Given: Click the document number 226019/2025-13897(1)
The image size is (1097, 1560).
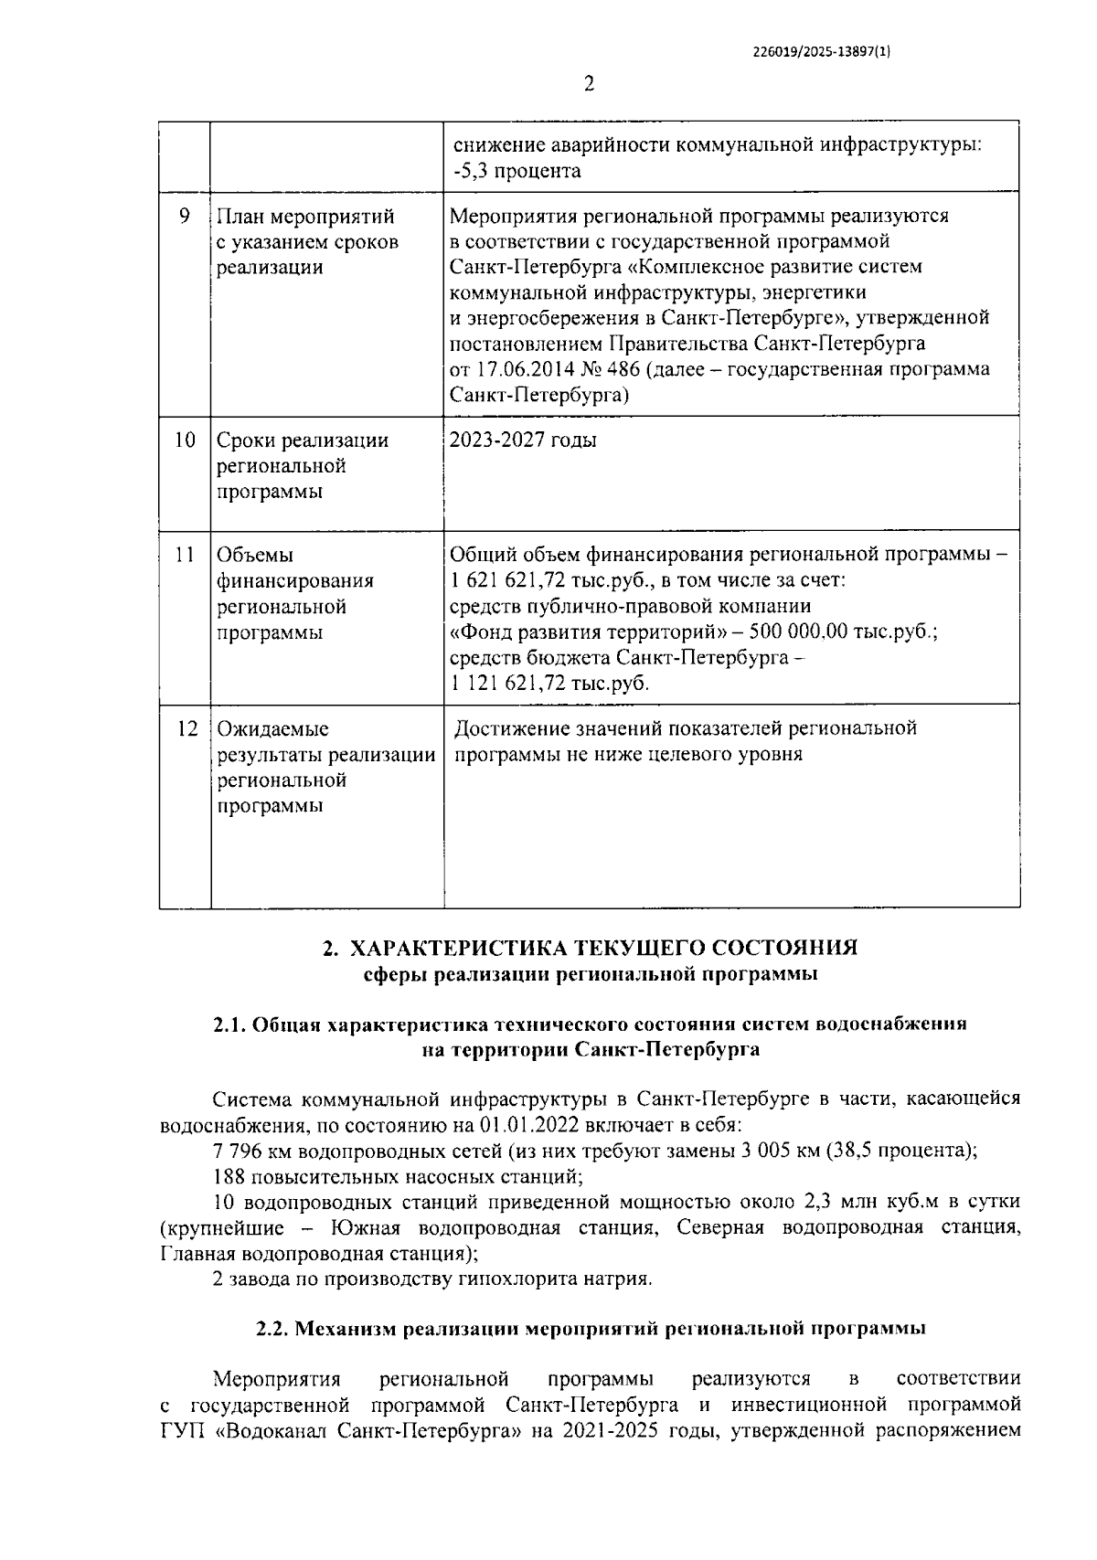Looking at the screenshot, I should tap(820, 52).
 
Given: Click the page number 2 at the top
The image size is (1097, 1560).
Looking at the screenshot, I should tap(589, 84).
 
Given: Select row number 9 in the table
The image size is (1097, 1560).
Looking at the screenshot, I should tap(185, 217).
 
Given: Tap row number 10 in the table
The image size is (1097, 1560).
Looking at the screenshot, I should tap(185, 440).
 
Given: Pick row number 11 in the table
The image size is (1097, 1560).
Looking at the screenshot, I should tap(185, 555).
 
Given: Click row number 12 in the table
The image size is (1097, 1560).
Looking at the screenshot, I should tap(186, 729).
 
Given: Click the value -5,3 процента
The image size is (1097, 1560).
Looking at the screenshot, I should tap(517, 171).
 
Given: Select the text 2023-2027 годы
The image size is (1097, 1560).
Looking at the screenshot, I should tap(523, 440).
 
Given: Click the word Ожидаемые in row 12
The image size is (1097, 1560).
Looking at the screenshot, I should tap(272, 729).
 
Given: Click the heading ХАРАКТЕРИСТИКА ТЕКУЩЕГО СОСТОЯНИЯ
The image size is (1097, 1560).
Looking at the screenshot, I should tap(604, 948).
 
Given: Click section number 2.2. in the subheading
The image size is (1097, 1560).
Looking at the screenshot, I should tap(272, 1329).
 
